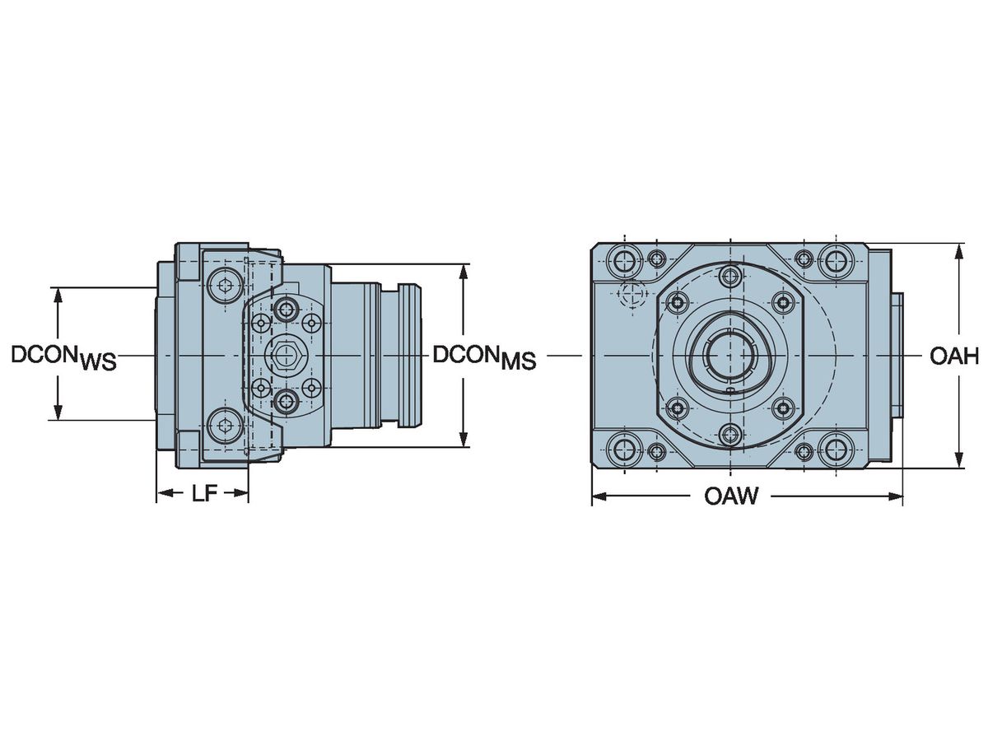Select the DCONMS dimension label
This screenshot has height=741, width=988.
(x=484, y=357)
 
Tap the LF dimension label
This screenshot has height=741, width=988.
(x=203, y=493)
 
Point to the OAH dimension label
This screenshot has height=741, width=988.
(x=953, y=357)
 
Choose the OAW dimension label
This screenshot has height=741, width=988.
(x=730, y=496)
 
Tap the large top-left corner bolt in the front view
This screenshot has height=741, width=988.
(x=622, y=262)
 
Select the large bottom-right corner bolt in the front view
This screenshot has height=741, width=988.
(x=837, y=450)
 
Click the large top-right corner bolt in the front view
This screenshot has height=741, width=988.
(x=837, y=262)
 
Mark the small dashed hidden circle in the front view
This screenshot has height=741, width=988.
(x=631, y=293)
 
